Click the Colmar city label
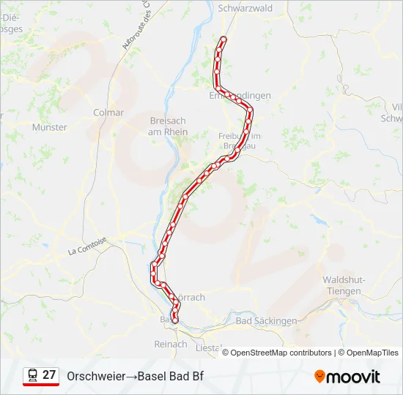tap(108, 113)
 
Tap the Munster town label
tap(50, 127)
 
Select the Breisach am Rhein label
tap(168, 127)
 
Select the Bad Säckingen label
tap(267, 320)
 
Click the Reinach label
tap(171, 344)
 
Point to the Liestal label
tap(209, 348)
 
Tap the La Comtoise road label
tap(87, 245)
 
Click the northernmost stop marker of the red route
tap(223, 39)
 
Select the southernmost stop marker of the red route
tap(174, 320)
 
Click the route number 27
tap(49, 375)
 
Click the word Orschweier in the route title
tap(95, 377)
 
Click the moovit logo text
tap(353, 377)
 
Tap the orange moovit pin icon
tap(319, 377)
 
